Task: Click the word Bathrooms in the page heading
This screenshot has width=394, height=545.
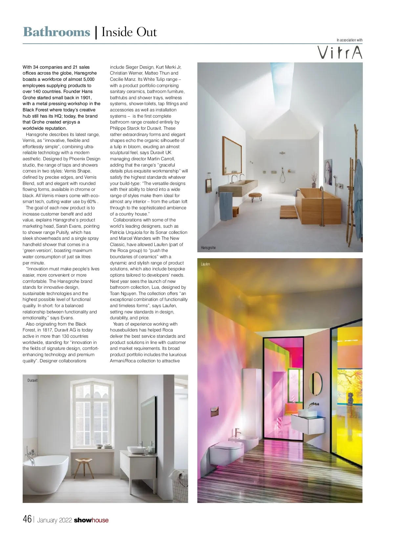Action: click(x=56, y=32)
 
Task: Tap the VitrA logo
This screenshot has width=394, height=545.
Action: click(x=339, y=53)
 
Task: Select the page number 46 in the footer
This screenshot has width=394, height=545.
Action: click(x=27, y=519)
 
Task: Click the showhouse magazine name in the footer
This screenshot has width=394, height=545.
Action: click(x=91, y=520)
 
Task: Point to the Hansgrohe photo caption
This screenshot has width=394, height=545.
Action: click(x=208, y=248)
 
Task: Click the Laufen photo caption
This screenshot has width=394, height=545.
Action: click(x=205, y=264)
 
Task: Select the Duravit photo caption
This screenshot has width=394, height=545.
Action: click(x=33, y=380)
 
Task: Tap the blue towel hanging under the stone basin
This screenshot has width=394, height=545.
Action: click(x=226, y=206)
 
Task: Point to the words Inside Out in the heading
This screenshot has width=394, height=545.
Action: click(x=129, y=32)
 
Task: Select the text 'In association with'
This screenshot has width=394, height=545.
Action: click(x=349, y=40)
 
